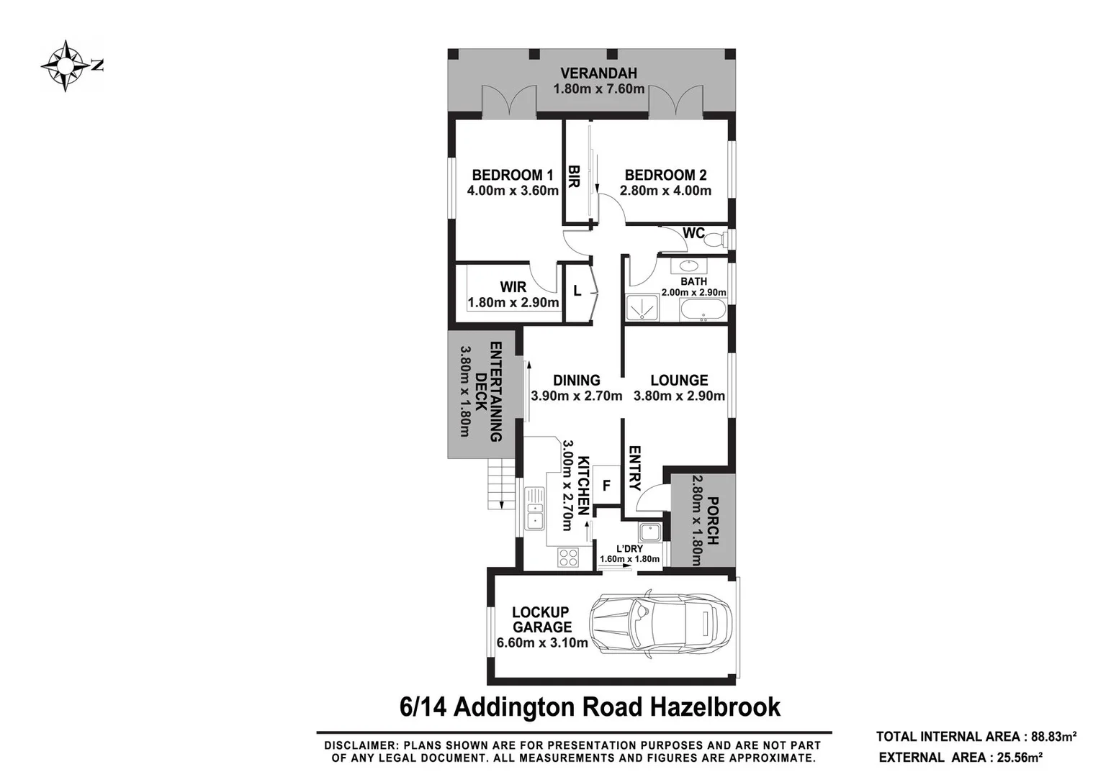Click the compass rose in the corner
[66, 66]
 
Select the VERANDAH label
[598, 73]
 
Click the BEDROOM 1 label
[512, 175]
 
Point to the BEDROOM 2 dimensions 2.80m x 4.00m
[665, 191]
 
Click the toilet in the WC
[714, 239]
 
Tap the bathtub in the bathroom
[703, 311]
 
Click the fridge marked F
[606, 486]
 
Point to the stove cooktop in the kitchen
[568, 557]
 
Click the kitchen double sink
[535, 508]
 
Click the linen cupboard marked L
[577, 291]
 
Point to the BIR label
[574, 176]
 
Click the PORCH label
[712, 520]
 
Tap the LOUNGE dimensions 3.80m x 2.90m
[679, 396]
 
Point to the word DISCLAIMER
[358, 745]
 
